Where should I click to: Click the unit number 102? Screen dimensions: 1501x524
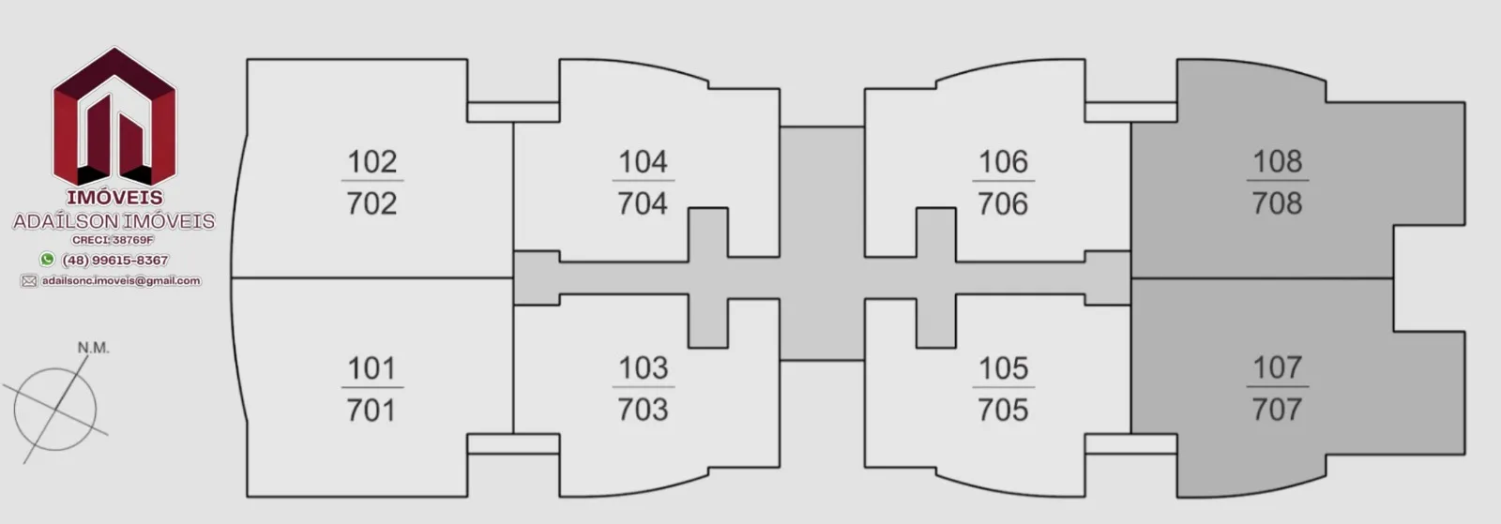371,162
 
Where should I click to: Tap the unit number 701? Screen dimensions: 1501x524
371,410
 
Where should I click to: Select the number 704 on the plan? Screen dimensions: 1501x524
643,203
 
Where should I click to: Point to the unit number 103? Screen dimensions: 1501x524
643,368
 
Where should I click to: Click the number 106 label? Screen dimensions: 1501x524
1003,162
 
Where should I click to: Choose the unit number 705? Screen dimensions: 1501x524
1003,410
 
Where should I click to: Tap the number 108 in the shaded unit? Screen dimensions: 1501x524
1278,161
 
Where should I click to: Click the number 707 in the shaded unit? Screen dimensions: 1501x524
1278,409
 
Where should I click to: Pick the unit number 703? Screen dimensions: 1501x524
643,410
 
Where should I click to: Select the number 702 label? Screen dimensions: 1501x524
371,203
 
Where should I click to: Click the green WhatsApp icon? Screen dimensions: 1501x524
47,259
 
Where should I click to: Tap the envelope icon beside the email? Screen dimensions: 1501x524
29,281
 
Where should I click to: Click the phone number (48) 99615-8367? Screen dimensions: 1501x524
115,260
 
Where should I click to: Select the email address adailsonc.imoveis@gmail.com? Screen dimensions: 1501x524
121,280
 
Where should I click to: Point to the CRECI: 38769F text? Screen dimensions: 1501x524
114,240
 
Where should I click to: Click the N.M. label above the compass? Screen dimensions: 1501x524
93,348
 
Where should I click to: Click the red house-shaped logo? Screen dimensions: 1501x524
114,117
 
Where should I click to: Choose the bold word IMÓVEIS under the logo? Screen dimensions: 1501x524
114,198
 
